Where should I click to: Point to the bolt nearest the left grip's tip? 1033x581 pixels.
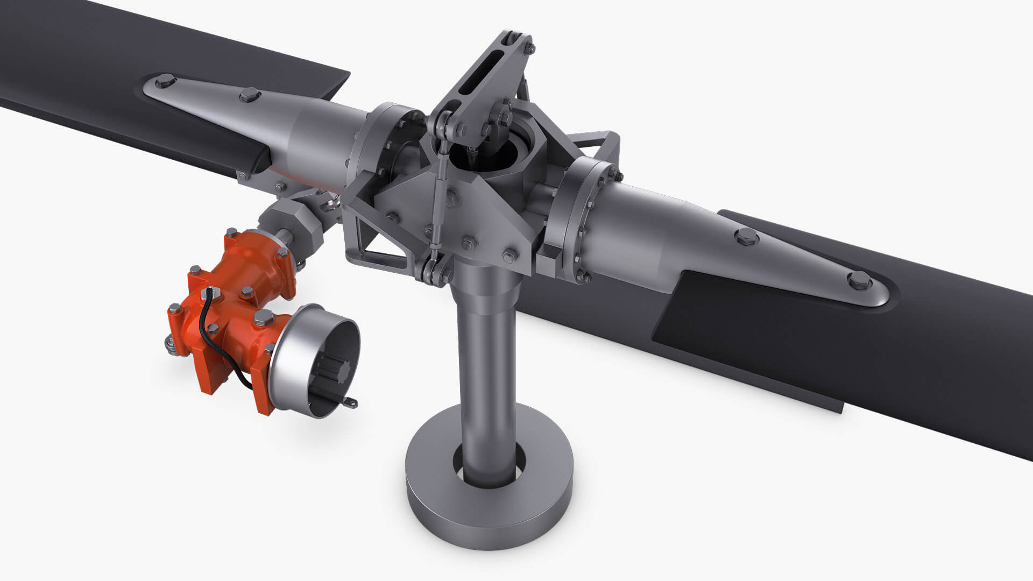point(161,83)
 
